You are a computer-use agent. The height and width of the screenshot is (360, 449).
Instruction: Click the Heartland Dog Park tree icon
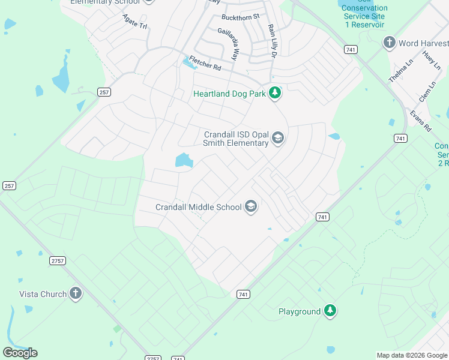coord(275,93)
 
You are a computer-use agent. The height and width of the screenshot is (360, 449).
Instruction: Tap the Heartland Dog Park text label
coord(229,94)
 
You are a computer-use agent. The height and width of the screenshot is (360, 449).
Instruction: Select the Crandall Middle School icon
coord(251,207)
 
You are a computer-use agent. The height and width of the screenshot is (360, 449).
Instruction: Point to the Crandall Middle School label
coord(199,207)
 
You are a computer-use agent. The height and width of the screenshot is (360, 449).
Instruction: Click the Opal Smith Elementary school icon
coord(277,139)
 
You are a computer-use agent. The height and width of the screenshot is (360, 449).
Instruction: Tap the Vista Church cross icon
coord(75,293)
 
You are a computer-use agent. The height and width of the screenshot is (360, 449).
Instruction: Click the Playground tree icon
coord(330,311)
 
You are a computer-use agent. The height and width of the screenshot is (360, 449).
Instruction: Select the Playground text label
coord(300,311)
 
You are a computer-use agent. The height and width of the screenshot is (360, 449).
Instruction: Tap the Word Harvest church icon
coord(390,43)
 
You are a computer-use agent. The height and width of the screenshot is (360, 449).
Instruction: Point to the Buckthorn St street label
coord(240,17)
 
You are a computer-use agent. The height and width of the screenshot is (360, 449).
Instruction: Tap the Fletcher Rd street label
coord(205,63)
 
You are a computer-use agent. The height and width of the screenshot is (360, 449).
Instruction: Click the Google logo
coord(20,353)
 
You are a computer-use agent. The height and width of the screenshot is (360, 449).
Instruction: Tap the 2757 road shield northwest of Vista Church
coord(58,260)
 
